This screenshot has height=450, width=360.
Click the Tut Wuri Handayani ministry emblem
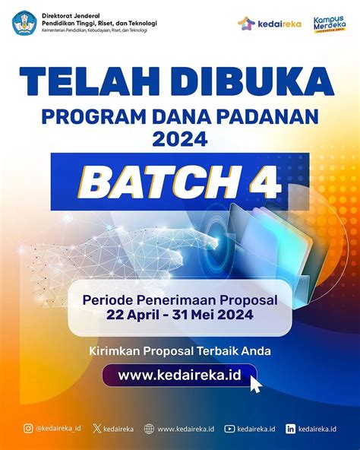tap(24, 23)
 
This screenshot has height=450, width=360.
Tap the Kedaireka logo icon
tap(246, 24)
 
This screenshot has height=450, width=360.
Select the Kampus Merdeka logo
tap(330, 24)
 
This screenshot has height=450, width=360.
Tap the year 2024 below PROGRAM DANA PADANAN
tap(180, 139)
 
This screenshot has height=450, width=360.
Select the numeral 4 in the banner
tap(264, 182)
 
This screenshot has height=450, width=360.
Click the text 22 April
tap(133, 315)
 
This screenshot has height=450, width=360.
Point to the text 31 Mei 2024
tap(213, 314)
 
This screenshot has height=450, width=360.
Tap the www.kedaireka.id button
tap(179, 375)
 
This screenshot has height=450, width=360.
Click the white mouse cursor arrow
tap(256, 385)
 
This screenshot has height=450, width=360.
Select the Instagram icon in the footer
tap(28, 429)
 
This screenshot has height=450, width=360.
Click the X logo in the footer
tap(97, 429)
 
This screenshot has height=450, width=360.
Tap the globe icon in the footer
tap(149, 429)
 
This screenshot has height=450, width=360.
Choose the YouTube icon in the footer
tap(229, 429)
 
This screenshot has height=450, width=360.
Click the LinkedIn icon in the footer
tap(290, 429)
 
